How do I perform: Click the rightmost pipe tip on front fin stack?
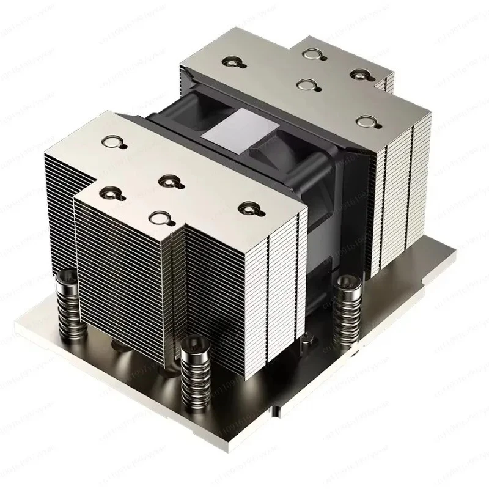pyautogui.click(x=247, y=208)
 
